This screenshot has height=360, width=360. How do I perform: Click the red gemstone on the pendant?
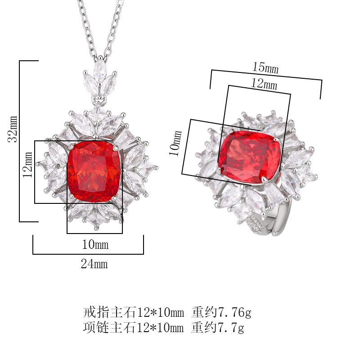94,171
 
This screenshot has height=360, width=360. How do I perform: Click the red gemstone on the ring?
250,157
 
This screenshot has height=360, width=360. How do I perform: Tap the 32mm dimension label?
13,129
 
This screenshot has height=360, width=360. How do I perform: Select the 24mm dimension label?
94,264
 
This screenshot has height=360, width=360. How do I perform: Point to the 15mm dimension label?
265,68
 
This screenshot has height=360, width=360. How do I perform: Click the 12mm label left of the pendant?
27,164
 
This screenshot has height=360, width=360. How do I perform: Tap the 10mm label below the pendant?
95,244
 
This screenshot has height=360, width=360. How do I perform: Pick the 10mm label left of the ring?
175,143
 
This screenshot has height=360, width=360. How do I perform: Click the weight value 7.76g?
234,312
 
